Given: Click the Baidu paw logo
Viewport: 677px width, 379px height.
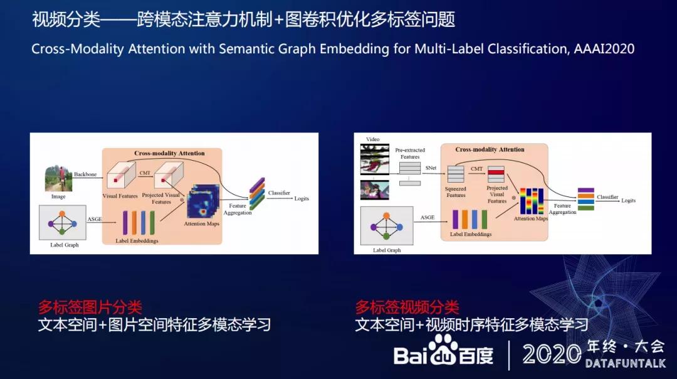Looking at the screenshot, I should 443,351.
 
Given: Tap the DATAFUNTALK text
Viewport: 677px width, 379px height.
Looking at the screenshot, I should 624,364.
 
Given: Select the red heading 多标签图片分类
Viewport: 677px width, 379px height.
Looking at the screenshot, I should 90,307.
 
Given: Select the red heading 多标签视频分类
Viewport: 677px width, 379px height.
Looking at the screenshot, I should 407,307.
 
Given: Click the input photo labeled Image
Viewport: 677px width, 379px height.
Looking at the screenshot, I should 58,178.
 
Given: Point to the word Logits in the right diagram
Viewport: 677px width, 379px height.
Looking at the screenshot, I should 628,201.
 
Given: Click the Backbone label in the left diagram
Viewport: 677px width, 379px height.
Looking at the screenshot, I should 85,174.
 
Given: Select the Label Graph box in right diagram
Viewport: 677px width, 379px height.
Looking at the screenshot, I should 387,226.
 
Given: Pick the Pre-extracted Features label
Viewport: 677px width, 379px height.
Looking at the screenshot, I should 410,154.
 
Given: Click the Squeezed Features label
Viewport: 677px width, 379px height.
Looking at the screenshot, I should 456,192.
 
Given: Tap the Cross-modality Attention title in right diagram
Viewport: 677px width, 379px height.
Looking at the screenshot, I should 490,150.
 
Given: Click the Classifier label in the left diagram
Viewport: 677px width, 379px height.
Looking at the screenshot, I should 279,193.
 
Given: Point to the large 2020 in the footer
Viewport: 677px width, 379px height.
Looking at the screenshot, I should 552,355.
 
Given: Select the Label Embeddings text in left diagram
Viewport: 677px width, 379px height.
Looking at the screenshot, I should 137,241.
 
